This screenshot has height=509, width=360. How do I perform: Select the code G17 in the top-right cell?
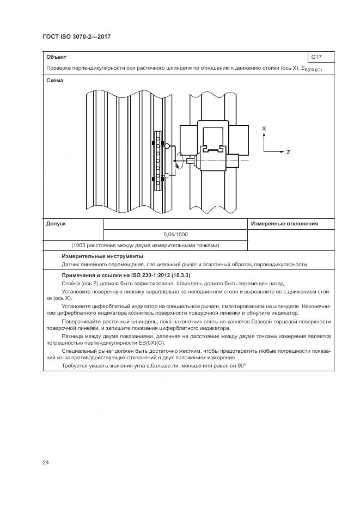pyautogui.click(x=316, y=57)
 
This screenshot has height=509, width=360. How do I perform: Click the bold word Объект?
pyautogui.click(x=57, y=57)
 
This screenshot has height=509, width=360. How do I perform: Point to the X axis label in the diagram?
pyautogui.click(x=264, y=128)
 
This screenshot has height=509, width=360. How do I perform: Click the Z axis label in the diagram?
pyautogui.click(x=288, y=152)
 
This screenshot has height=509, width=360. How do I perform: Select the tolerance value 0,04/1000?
pyautogui.click(x=175, y=234)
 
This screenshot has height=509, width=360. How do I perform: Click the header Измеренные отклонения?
pyautogui.click(x=284, y=224)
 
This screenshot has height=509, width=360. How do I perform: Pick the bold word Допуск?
pyautogui.click(x=56, y=224)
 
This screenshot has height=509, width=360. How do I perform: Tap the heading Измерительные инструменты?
pyautogui.click(x=102, y=256)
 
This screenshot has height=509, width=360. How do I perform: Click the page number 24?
pyautogui.click(x=46, y=463)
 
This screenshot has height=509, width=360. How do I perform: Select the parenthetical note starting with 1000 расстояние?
pyautogui.click(x=145, y=245)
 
